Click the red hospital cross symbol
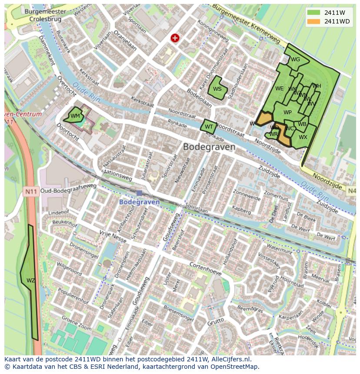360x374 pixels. pyautogui.click(x=175, y=38)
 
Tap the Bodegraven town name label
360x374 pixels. pyautogui.click(x=209, y=147)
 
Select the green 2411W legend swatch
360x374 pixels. pyautogui.click(x=313, y=12)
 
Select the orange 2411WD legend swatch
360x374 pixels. pyautogui.click(x=313, y=21)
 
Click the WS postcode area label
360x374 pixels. pyautogui.click(x=217, y=89)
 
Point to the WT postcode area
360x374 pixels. pyautogui.click(x=209, y=127)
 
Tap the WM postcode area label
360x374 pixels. pyautogui.click(x=75, y=116)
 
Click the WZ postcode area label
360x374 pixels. pyautogui.click(x=30, y=281)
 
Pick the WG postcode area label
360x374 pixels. pyautogui.click(x=296, y=60)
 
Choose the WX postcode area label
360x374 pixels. pyautogui.click(x=303, y=137)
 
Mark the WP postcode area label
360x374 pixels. pyautogui.click(x=287, y=113)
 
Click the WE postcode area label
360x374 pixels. pyautogui.click(x=280, y=89)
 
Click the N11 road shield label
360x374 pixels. pyautogui.click(x=31, y=191)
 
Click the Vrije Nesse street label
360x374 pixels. pyautogui.click(x=113, y=236)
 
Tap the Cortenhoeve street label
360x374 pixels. pyautogui.click(x=205, y=268)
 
